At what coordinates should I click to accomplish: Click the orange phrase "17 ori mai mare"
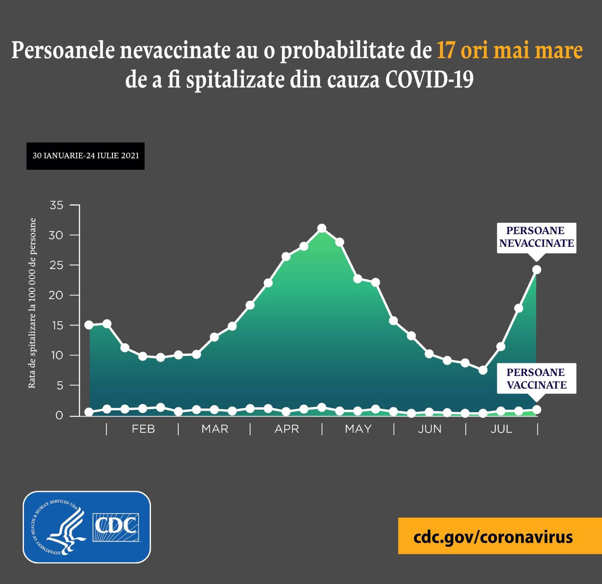(510, 50)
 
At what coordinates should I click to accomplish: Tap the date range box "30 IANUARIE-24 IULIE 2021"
(85, 156)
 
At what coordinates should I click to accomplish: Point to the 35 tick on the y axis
(56, 206)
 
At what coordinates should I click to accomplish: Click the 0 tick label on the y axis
(59, 415)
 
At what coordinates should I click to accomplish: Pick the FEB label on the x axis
(143, 429)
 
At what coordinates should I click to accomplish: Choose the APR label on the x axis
(287, 429)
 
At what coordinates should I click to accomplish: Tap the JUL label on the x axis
(501, 429)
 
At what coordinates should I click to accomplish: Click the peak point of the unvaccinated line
(322, 228)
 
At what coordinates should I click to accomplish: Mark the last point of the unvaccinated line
(536, 269)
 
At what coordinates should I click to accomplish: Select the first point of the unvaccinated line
(89, 325)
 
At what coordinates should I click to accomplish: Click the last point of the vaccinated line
(536, 409)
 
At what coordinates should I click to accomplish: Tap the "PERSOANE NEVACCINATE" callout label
(536, 237)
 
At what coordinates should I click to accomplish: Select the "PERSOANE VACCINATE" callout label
(536, 378)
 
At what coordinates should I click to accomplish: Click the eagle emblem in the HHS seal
(67, 529)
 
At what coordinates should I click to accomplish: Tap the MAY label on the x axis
(358, 429)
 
